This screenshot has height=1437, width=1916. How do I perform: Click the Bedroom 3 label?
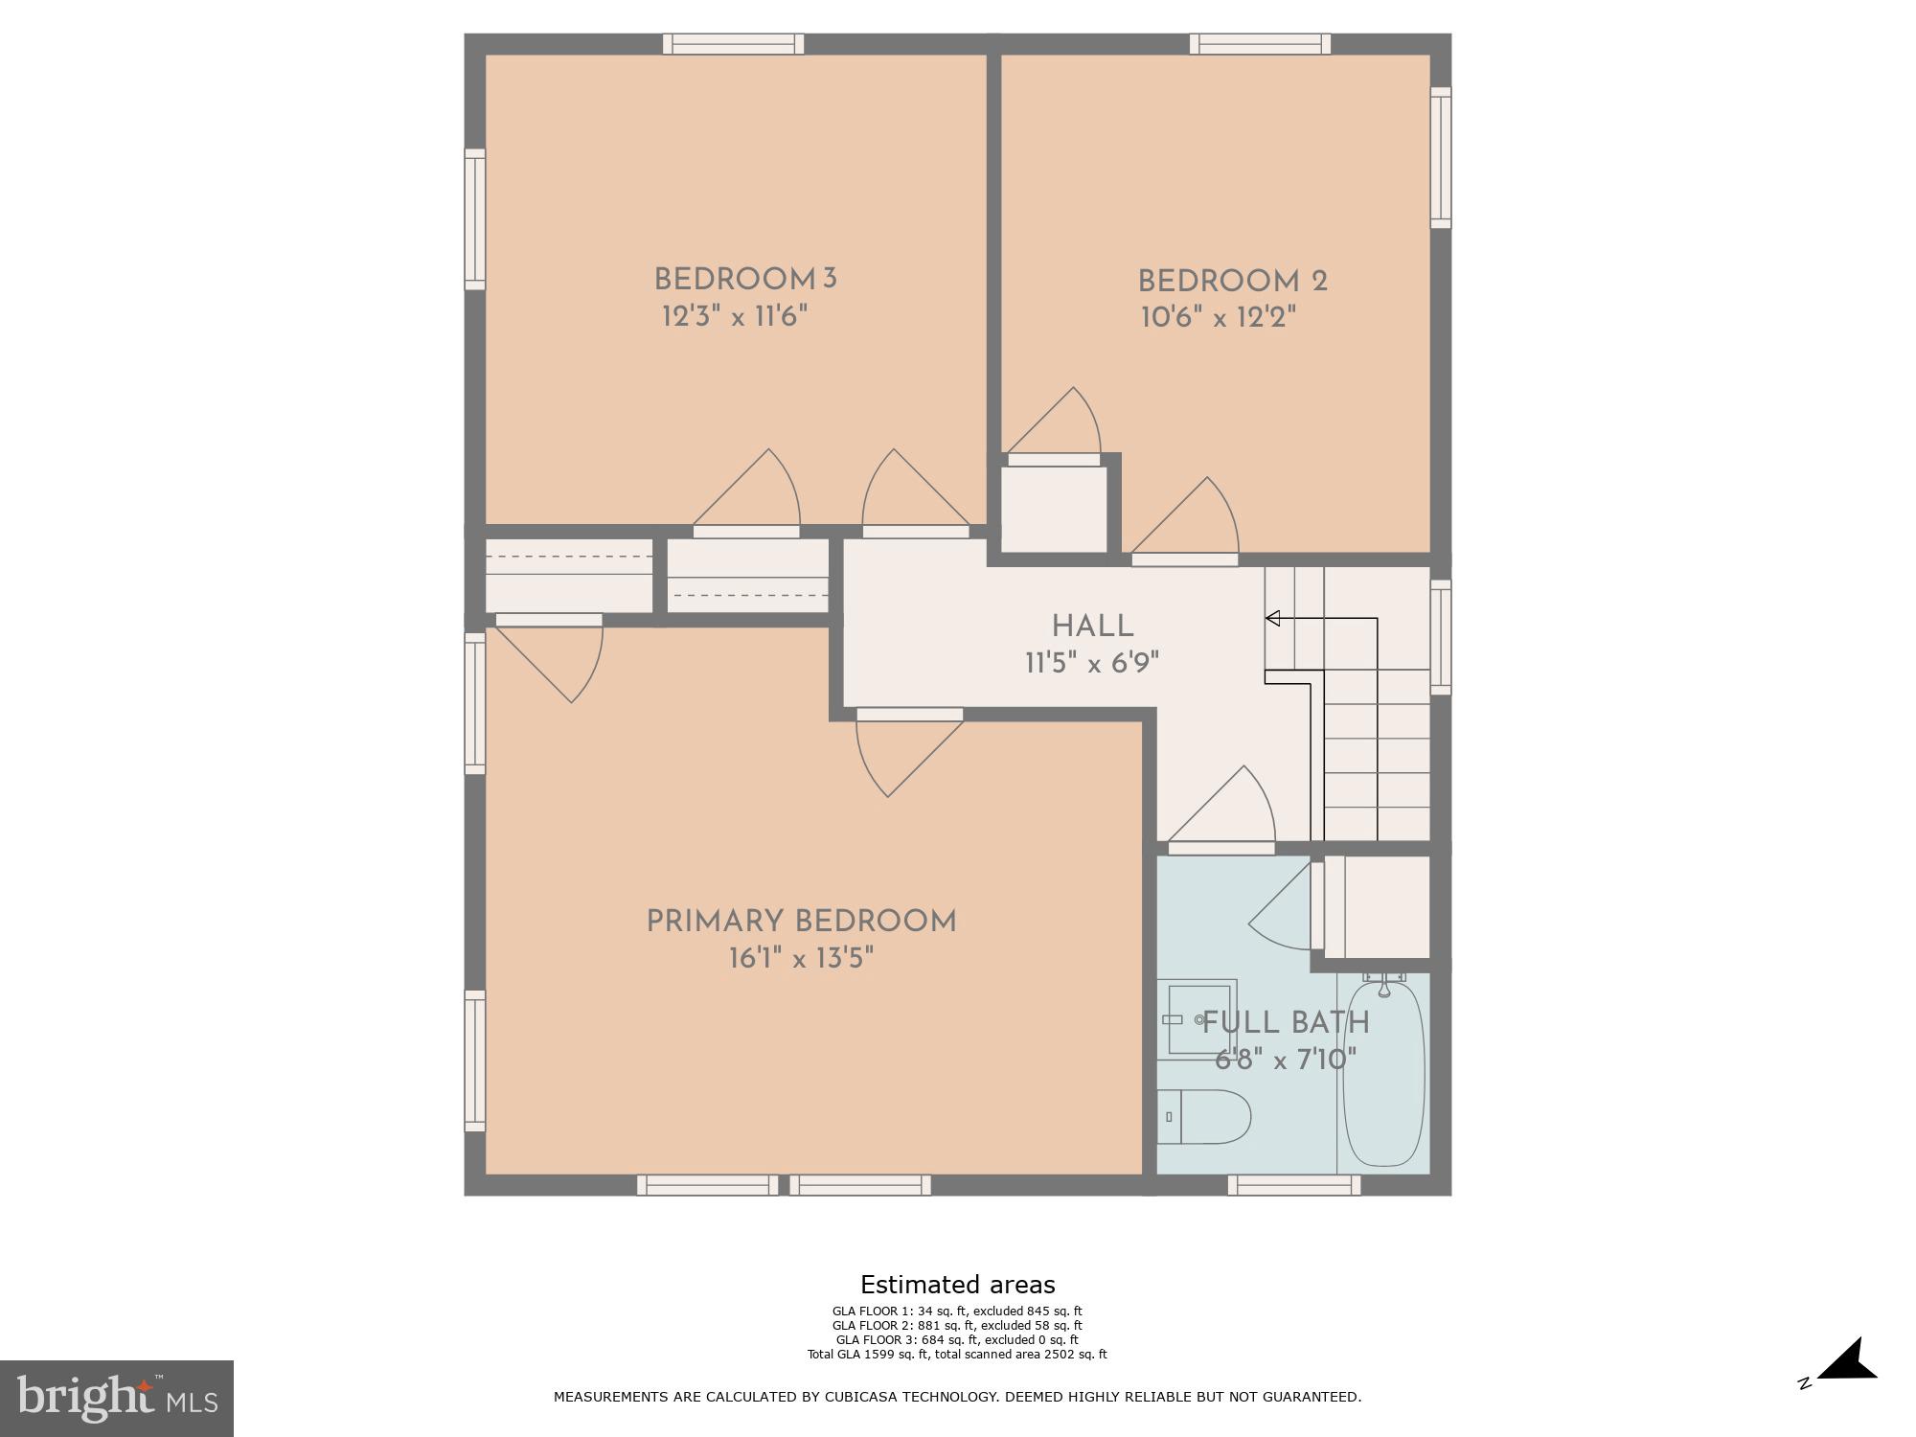click(745, 280)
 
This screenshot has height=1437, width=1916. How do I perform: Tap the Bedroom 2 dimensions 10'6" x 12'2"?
click(1218, 317)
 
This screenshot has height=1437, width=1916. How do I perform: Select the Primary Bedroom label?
click(801, 922)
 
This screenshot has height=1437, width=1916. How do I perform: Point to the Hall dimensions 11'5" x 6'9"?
click(1092, 663)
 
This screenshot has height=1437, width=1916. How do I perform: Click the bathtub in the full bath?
click(1383, 1073)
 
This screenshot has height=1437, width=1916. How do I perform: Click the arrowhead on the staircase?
click(1273, 618)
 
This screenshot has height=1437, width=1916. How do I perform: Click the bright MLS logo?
click(116, 1399)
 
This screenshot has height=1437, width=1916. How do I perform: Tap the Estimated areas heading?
click(957, 1285)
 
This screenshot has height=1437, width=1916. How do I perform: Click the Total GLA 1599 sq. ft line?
click(957, 1354)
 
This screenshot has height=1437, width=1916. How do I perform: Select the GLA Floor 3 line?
click(957, 1339)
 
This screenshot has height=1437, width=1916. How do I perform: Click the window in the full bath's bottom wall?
click(1293, 1185)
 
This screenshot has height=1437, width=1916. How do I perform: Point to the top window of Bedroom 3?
click(733, 44)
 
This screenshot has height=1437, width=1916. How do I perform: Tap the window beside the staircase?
click(1440, 636)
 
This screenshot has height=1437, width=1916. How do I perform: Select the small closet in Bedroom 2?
click(1054, 509)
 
